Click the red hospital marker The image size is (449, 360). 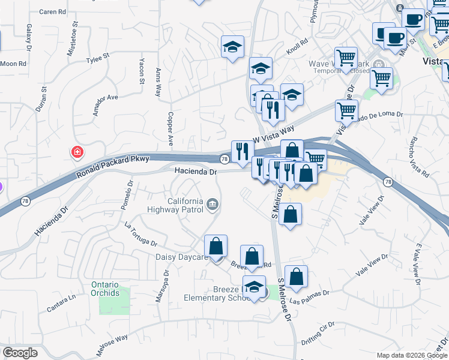pyautogui.click(x=77, y=152)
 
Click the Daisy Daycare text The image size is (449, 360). pyautogui.click(x=181, y=257)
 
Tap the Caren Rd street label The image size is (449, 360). pyautogui.click(x=52, y=11)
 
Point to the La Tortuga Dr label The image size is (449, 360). pyautogui.click(x=140, y=235)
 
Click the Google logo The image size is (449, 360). pyautogui.click(x=20, y=353)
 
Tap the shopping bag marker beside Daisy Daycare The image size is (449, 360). pyautogui.click(x=215, y=246)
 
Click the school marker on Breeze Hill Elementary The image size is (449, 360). pyautogui.click(x=255, y=287)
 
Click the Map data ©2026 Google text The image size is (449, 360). pyautogui.click(x=411, y=355)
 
